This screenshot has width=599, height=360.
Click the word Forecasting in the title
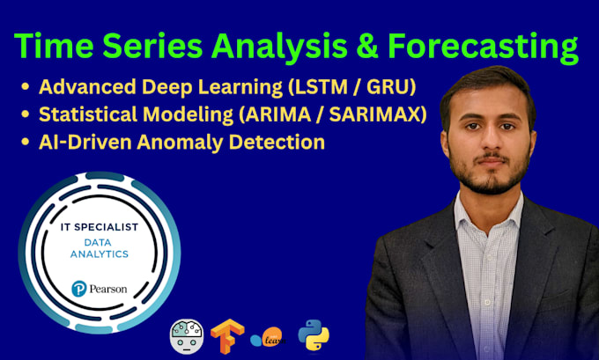(x=483, y=47)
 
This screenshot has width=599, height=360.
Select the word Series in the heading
(x=152, y=46)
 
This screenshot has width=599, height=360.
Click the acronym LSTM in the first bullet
(x=318, y=86)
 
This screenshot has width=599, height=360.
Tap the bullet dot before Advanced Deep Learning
(x=26, y=86)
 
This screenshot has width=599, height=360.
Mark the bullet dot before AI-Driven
(x=26, y=142)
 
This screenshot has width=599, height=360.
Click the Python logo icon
(x=314, y=334)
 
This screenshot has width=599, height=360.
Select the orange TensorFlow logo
(x=227, y=336)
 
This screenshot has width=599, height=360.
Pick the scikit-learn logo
(x=268, y=337)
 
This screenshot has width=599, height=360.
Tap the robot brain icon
(x=187, y=336)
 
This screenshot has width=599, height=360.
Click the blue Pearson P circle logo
(x=79, y=289)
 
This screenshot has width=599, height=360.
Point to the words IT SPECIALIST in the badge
(x=100, y=227)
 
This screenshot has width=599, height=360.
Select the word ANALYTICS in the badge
(x=100, y=253)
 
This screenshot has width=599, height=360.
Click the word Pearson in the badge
(x=108, y=289)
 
